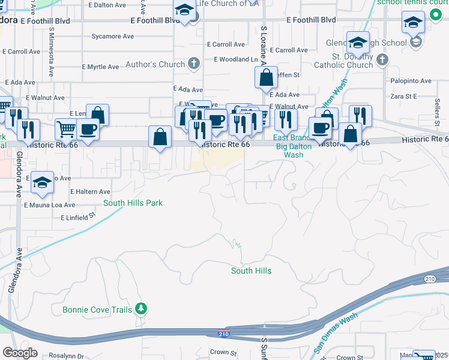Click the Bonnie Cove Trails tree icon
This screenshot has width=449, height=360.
tap(141, 309)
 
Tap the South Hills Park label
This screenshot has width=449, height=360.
tap(133, 203)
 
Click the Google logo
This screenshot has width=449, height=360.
tap(20, 353)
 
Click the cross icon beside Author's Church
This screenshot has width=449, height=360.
tap(194, 64)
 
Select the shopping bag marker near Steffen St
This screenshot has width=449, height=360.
tap(265, 78)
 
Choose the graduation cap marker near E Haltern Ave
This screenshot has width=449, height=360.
tap(42, 183)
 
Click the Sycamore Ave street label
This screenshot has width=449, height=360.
tap(112, 37)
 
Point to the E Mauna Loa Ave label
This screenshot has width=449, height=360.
tap(50, 205)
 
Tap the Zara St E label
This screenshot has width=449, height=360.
tap(403, 96)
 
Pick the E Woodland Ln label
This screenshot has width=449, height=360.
tap(235, 59)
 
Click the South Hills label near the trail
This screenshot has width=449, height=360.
tap(252, 271)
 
